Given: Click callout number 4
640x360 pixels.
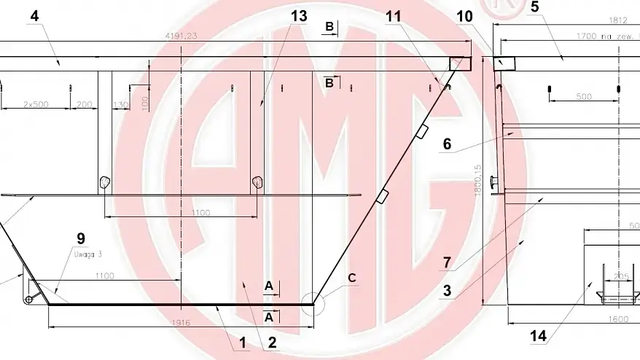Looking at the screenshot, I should (34, 16).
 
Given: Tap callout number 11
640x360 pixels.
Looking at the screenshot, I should (394, 16).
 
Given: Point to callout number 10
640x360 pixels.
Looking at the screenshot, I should (465, 16).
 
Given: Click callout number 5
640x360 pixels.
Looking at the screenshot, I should (534, 8).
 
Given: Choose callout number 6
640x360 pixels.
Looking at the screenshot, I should (448, 144).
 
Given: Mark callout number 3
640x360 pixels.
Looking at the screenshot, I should (448, 291).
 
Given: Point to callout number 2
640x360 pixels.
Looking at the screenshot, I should (271, 340).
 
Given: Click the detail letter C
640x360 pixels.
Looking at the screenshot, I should (351, 278).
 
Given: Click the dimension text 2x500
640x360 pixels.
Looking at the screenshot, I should (35, 104).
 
